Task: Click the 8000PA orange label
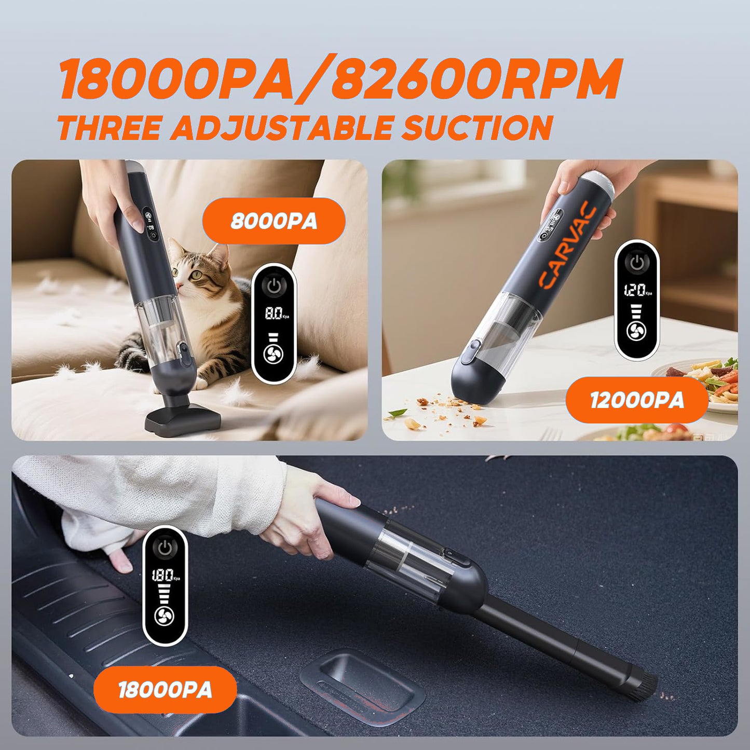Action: pyautogui.click(x=274, y=221)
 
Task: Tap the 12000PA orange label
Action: pyautogui.click(x=637, y=400)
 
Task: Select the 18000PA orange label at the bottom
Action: pyautogui.click(x=165, y=690)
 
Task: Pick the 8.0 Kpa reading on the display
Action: pyautogui.click(x=275, y=313)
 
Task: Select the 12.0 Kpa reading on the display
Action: pyautogui.click(x=635, y=290)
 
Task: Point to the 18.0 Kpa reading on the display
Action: pyautogui.click(x=162, y=575)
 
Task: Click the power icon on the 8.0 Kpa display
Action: pyautogui.click(x=274, y=285)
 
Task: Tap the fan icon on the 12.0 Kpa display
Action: pyautogui.click(x=636, y=331)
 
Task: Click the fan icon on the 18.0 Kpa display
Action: pyautogui.click(x=165, y=616)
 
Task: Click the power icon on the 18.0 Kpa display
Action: pyautogui.click(x=165, y=548)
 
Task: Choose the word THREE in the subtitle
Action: pyautogui.click(x=108, y=128)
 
